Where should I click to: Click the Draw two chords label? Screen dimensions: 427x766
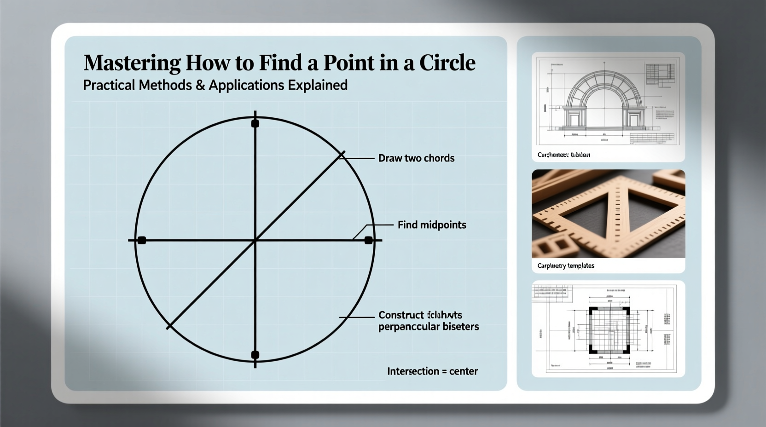click(x=416, y=158)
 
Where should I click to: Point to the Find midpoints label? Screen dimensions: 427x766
click(x=431, y=225)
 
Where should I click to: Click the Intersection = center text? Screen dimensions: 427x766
click(x=432, y=371)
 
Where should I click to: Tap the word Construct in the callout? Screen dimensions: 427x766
click(x=401, y=315)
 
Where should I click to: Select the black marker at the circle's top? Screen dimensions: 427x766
click(x=255, y=123)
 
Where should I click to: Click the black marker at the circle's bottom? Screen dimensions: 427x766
click(x=255, y=355)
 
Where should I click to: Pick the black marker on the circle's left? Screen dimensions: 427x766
click(x=142, y=240)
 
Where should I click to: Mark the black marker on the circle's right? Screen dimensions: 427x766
click(x=368, y=240)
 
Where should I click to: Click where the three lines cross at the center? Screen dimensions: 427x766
click(x=255, y=240)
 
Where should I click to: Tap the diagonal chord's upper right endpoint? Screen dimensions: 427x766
click(x=342, y=155)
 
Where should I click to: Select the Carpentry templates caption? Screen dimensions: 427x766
click(x=566, y=266)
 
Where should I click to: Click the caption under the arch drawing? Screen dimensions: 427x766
click(x=563, y=155)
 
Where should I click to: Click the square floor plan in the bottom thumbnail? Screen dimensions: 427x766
click(x=609, y=330)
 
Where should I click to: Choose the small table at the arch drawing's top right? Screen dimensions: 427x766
click(x=658, y=74)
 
